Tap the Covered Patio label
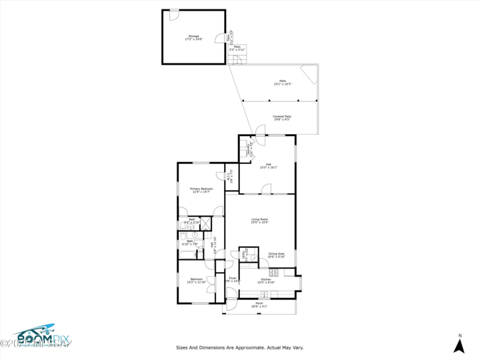282,118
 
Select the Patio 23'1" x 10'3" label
283,83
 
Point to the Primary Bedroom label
201,191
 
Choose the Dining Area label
277,255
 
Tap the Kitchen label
265,281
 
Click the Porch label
259,305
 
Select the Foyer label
233,280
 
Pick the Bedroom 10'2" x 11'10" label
196,281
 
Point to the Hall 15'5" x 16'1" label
269,166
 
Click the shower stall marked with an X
206,224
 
